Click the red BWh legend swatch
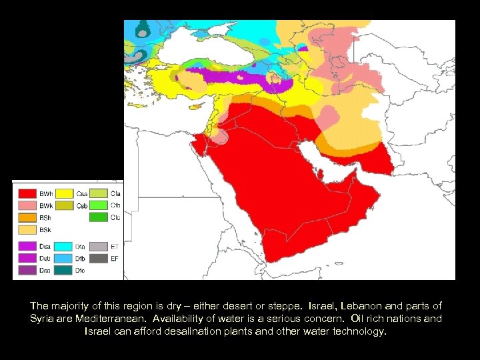pyautogui.click(x=27, y=193)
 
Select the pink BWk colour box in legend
pyautogui.click(x=27, y=205)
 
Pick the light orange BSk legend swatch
pyautogui.click(x=27, y=229)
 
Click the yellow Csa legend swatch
pyautogui.click(x=64, y=193)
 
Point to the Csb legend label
pyautogui.click(x=82, y=205)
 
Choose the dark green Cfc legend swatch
pyautogui.click(x=99, y=217)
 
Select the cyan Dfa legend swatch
pyautogui.click(x=64, y=246)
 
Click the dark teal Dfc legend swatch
pyautogui.click(x=64, y=270)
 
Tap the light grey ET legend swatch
pyautogui.click(x=99, y=246)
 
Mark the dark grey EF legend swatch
pyautogui.click(x=99, y=258)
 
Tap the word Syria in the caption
pyautogui.click(x=44, y=319)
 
